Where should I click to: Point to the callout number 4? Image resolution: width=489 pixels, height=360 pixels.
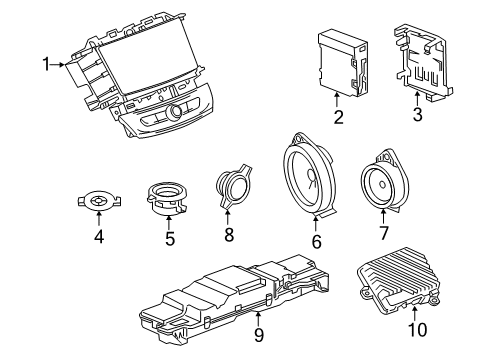coord(98,236)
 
